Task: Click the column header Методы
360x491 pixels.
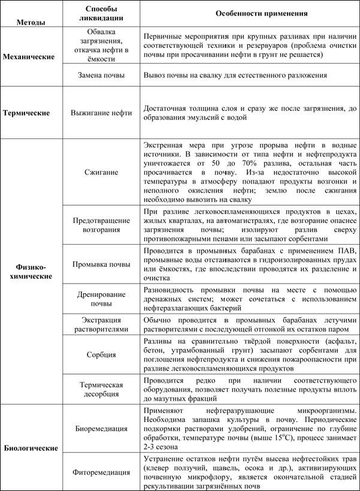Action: pos(31,23)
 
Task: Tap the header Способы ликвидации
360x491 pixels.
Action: pos(101,13)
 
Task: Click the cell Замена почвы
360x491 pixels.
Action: pos(101,76)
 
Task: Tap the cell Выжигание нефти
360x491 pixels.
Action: pos(101,113)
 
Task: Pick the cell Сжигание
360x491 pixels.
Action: pos(101,172)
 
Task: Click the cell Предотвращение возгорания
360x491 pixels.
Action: pos(101,224)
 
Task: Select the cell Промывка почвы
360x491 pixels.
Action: pos(101,264)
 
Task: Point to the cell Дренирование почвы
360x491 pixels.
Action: pos(101,299)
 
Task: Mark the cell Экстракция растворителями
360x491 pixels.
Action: pos(101,324)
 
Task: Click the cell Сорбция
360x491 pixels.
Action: pos(101,354)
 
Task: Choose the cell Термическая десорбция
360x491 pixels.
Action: pos(101,388)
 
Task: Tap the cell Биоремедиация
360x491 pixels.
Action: pos(101,429)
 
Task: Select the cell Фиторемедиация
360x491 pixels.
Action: pos(101,471)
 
